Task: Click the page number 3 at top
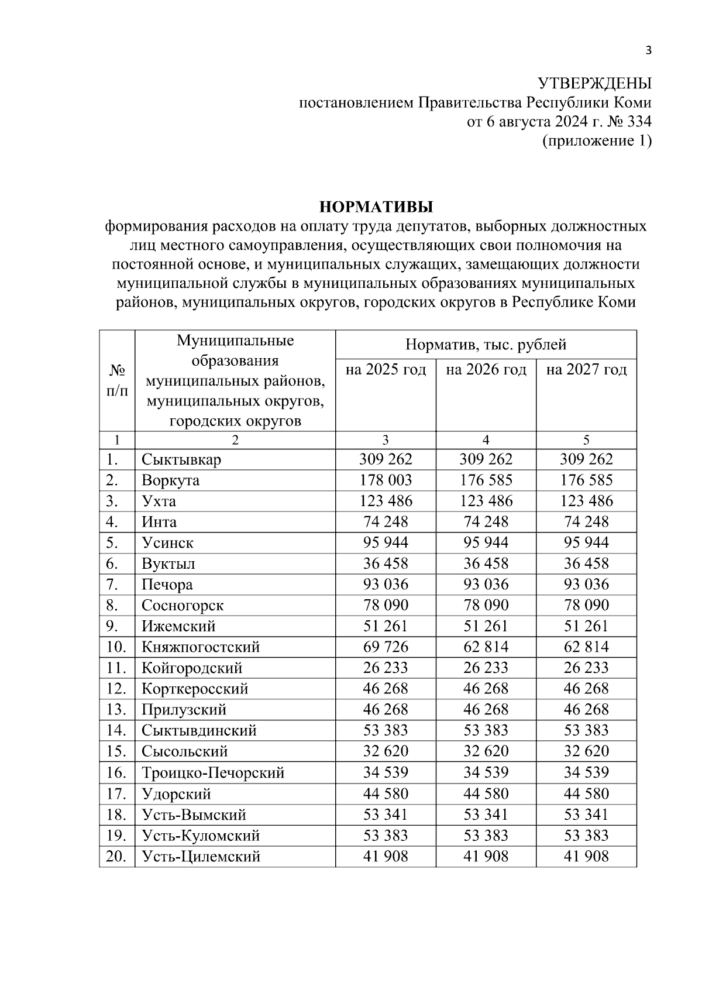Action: [x=648, y=50]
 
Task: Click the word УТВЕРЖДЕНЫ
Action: [x=594, y=84]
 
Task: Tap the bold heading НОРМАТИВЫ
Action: [x=376, y=207]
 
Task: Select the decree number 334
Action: [x=639, y=122]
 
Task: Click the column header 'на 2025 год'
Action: [x=386, y=370]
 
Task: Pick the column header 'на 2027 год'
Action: [x=586, y=370]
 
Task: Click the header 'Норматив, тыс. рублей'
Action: [x=486, y=345]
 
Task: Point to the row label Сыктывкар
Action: [x=181, y=459]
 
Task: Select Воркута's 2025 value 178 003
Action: [x=386, y=480]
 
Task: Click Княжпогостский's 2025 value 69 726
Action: [x=386, y=647]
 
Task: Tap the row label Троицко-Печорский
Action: [x=213, y=773]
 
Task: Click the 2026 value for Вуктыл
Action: [x=486, y=563]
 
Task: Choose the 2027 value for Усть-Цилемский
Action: [x=586, y=857]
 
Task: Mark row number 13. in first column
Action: [x=116, y=710]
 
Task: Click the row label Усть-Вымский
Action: [x=194, y=815]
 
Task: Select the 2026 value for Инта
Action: [x=486, y=522]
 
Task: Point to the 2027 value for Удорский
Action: [x=586, y=794]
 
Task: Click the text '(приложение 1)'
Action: [x=597, y=141]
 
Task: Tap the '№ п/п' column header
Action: [x=117, y=380]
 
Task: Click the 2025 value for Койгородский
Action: [x=386, y=668]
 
